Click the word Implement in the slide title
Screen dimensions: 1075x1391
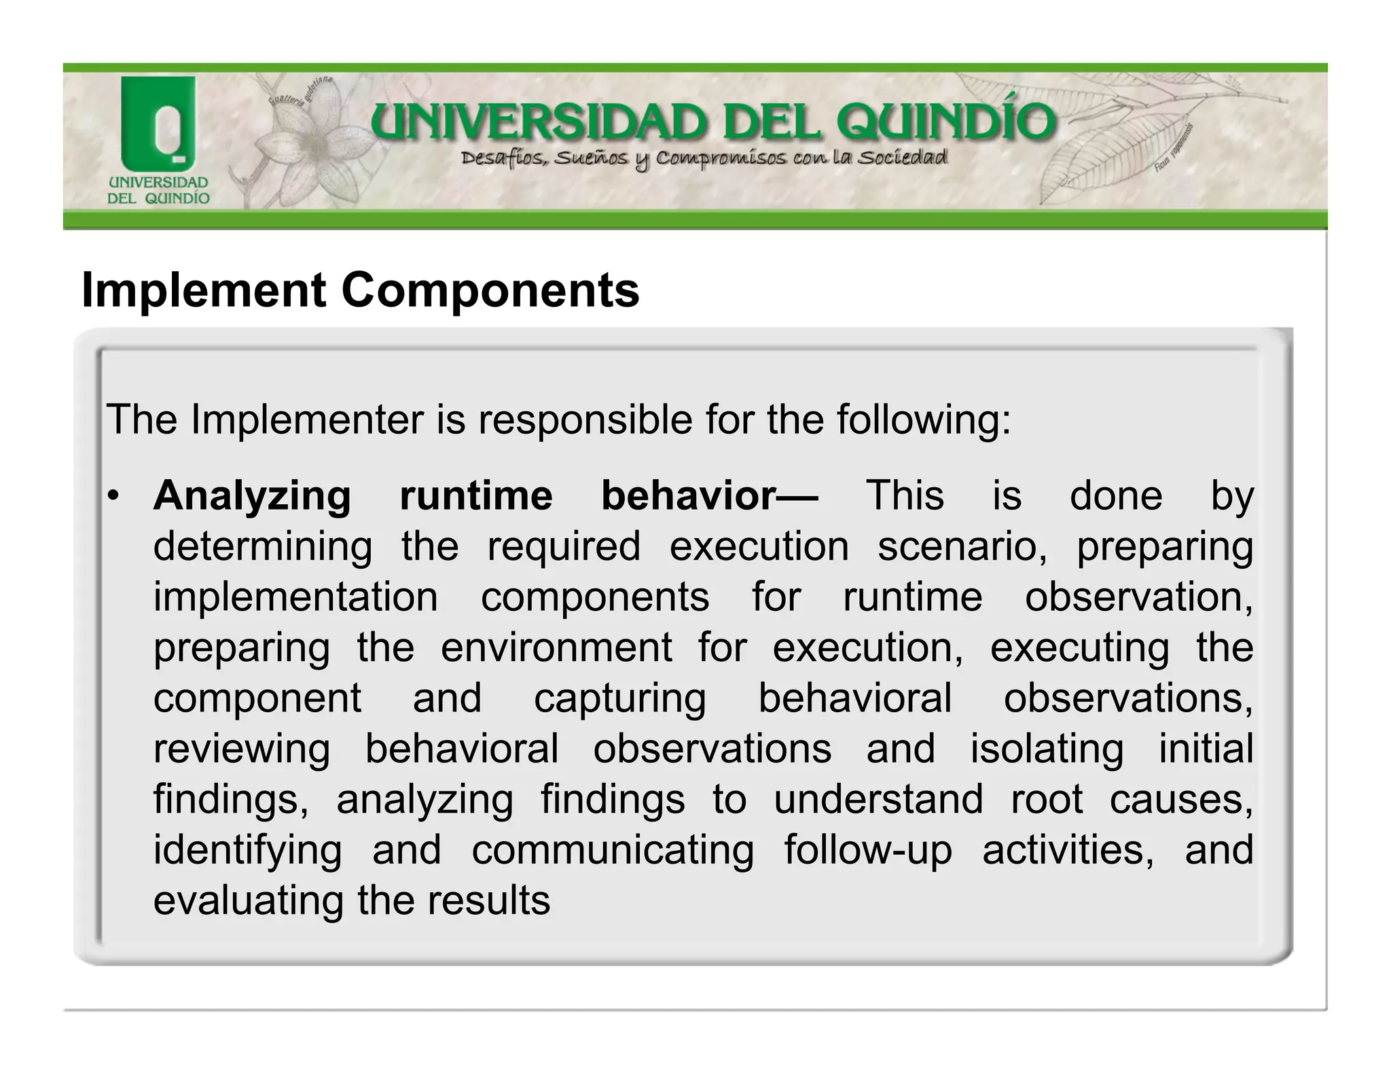coord(204,290)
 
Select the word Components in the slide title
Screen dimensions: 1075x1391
coord(490,290)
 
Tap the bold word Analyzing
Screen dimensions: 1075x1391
coord(252,496)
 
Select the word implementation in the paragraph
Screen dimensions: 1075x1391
coord(295,597)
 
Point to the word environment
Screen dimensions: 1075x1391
coord(556,647)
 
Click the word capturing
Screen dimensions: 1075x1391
coord(620,698)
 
